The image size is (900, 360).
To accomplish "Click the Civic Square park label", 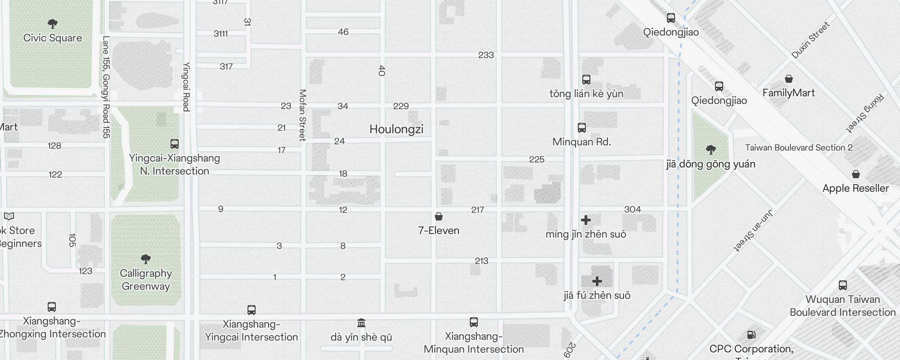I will coord(53,38).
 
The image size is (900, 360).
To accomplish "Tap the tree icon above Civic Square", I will coord(53,23).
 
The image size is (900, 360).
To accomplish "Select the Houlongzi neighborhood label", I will coord(396,129).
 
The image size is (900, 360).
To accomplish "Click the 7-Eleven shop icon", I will coord(439,217).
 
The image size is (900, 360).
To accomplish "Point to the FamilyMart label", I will coord(788,93).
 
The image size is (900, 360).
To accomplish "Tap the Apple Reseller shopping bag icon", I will coord(855,174).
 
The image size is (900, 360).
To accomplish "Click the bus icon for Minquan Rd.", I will coord(582,128).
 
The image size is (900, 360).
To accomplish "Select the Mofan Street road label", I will coord(302,115).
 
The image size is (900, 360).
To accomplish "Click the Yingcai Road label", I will coord(186,86).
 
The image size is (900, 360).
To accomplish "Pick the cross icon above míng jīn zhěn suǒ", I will coord(585,220).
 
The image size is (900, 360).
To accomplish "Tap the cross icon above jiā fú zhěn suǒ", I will coord(597,281).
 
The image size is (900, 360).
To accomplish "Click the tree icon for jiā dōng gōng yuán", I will coord(711,149).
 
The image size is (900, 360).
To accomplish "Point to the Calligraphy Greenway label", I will coord(145,279).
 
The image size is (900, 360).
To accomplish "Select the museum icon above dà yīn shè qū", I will coord(361,323).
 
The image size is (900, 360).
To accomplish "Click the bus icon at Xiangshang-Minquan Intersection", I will coord(473,322).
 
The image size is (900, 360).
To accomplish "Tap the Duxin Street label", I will coord(810,40).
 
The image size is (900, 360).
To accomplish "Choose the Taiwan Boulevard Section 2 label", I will coord(799,148).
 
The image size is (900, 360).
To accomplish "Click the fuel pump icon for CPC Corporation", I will coord(751,335).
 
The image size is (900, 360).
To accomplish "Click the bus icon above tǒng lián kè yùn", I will coord(586,80).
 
